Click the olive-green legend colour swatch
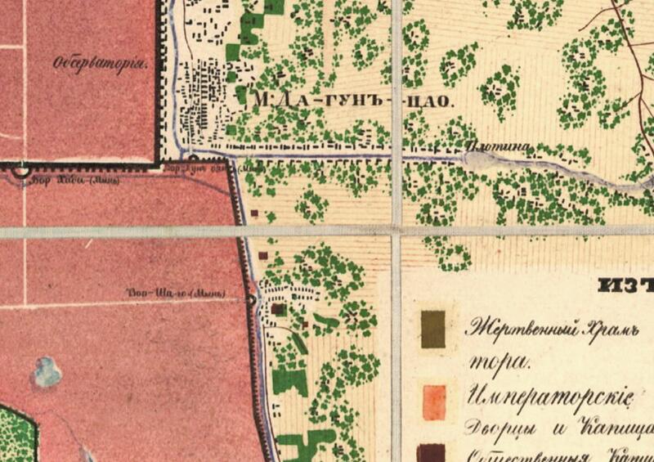(x=433, y=330)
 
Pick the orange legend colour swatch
(x=433, y=402)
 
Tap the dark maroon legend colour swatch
(x=432, y=452)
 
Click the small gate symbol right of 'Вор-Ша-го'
(x=250, y=300)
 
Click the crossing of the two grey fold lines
(x=396, y=231)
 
